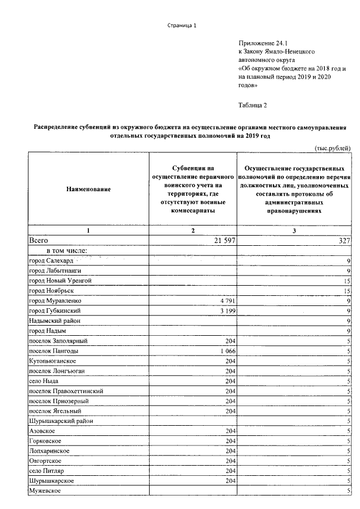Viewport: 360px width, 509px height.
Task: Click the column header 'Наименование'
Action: tap(88, 189)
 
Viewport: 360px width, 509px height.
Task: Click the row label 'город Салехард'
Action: tap(51, 260)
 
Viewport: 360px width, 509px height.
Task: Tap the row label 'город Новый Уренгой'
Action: tap(60, 280)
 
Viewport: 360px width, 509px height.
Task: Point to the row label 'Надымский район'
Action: tap(54, 320)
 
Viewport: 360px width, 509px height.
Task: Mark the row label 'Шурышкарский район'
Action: tap(60, 421)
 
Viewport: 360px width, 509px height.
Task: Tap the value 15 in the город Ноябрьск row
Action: tap(347, 290)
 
